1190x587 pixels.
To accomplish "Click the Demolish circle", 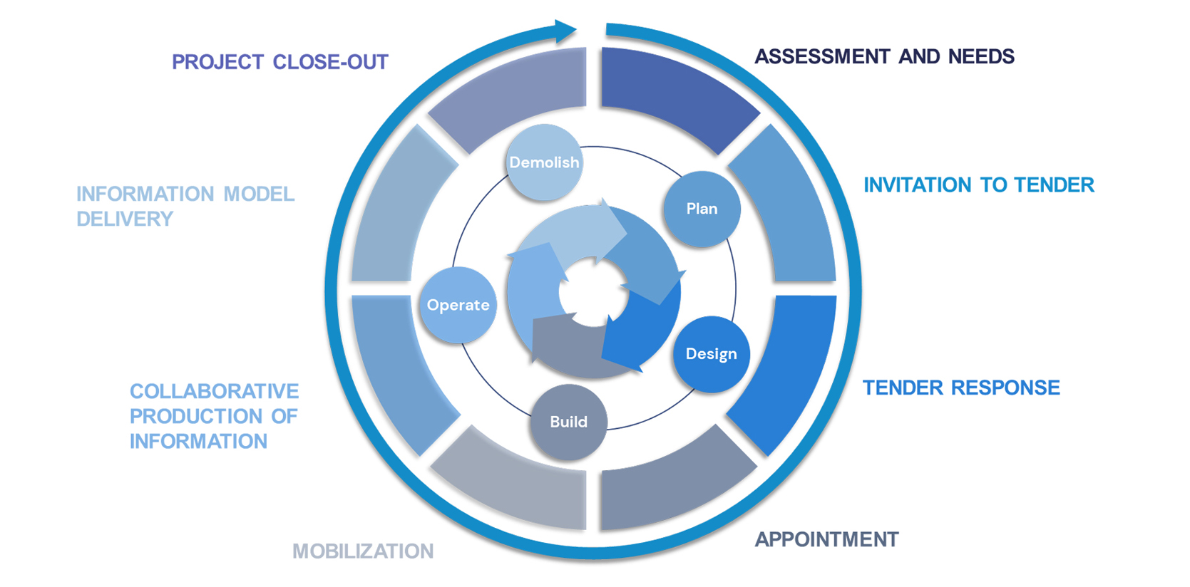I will [x=543, y=162].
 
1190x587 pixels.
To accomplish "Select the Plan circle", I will [x=702, y=209].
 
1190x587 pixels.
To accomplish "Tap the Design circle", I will [x=711, y=354].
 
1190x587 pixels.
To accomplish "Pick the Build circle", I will [x=568, y=422].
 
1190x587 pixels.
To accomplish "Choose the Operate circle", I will [x=458, y=305].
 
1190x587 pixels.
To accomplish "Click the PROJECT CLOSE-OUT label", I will [x=279, y=62].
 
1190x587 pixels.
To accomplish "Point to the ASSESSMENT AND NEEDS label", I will [x=884, y=56].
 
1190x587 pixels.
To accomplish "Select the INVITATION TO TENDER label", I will [x=978, y=185].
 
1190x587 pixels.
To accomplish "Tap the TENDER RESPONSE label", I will [x=961, y=388].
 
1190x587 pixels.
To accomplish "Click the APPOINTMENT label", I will [x=826, y=539].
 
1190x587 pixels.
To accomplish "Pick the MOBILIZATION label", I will [x=362, y=551].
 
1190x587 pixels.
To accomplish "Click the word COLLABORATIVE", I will [x=214, y=391].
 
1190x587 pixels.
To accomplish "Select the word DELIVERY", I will [x=125, y=219].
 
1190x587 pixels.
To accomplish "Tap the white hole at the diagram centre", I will [x=593, y=292].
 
